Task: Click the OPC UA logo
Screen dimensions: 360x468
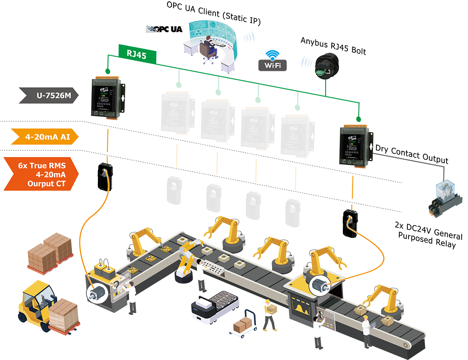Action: (x=164, y=29)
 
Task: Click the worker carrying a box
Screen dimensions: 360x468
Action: (x=270, y=314)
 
